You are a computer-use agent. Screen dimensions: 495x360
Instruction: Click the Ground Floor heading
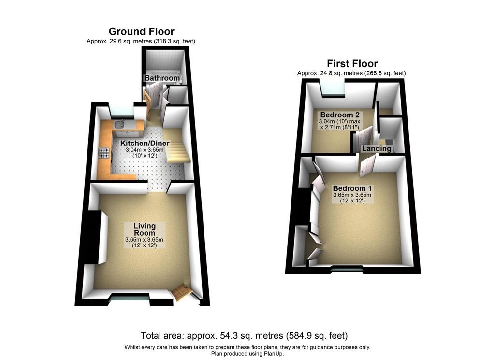142,31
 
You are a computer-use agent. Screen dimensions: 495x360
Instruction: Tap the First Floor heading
352,64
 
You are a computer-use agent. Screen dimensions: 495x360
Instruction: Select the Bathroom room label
162,78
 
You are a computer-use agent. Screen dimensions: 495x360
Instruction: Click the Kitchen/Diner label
145,143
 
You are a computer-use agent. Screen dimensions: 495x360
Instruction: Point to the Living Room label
145,230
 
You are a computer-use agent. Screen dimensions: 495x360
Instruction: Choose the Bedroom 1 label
352,188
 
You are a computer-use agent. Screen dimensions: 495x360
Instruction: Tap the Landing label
377,148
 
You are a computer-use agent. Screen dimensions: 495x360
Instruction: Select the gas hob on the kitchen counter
104,153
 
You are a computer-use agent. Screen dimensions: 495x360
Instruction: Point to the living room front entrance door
182,292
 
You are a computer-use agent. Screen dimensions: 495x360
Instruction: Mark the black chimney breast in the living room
94,237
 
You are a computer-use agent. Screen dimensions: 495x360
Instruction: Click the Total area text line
244,335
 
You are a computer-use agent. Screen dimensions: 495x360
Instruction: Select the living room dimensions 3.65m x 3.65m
144,240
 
